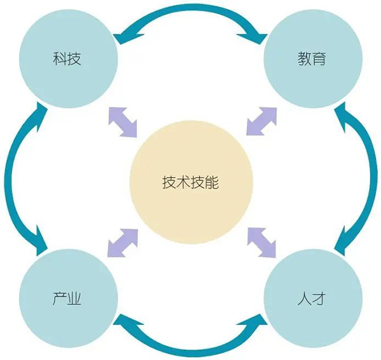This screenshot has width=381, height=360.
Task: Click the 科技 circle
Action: (x=69, y=58)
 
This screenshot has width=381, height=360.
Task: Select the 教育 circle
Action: (x=313, y=58)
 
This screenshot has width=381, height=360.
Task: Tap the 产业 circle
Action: (x=69, y=298)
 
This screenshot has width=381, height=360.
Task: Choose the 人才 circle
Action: (x=313, y=298)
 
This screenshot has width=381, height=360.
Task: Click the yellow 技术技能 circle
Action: (x=191, y=182)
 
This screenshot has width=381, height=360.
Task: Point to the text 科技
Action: (x=67, y=58)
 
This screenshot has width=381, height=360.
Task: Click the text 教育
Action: (x=312, y=58)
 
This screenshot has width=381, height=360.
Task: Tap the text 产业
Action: (x=67, y=298)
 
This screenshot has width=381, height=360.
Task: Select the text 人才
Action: (x=312, y=298)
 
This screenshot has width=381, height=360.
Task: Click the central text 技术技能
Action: (x=190, y=182)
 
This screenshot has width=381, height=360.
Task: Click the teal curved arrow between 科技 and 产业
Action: (x=8, y=178)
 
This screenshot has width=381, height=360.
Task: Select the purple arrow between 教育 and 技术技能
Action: (x=262, y=121)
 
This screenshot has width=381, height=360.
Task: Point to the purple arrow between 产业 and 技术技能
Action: (x=123, y=243)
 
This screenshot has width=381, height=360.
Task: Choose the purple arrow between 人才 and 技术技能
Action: (x=262, y=242)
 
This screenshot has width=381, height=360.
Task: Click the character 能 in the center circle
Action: (x=212, y=182)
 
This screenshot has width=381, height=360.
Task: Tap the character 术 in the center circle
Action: (x=184, y=182)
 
